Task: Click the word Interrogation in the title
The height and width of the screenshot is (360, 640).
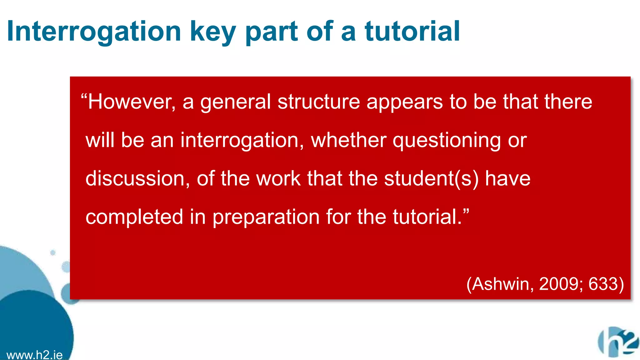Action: tap(94, 31)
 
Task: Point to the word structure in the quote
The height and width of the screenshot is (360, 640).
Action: tap(318, 102)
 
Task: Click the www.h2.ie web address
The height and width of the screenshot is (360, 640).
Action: tap(34, 355)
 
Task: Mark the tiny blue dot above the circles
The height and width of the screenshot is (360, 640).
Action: tap(53, 252)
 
